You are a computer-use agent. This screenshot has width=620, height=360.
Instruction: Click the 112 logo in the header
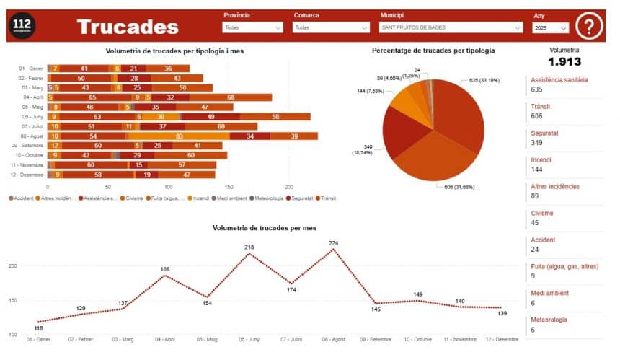tap(24, 27)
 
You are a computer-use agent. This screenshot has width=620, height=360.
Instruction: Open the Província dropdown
tap(253, 27)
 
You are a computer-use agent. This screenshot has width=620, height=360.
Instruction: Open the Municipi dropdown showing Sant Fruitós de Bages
tap(451, 27)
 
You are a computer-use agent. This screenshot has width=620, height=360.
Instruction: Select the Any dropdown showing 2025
tap(551, 28)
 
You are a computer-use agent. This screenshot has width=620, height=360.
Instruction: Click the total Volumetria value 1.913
tap(564, 62)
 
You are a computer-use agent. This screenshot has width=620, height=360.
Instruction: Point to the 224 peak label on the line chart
tap(333, 243)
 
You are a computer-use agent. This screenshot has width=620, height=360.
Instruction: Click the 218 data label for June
tap(249, 247)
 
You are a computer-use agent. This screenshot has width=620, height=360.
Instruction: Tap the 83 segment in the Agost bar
tap(179, 136)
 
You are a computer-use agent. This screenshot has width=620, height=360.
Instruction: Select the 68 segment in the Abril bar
tap(231, 97)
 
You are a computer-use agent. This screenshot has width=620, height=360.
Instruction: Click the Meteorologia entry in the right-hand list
tap(549, 320)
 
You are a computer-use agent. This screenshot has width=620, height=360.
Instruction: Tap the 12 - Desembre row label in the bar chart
tap(32, 175)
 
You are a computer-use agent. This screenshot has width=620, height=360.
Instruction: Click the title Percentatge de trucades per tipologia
tap(433, 51)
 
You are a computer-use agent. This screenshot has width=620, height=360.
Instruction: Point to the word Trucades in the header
tap(128, 27)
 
